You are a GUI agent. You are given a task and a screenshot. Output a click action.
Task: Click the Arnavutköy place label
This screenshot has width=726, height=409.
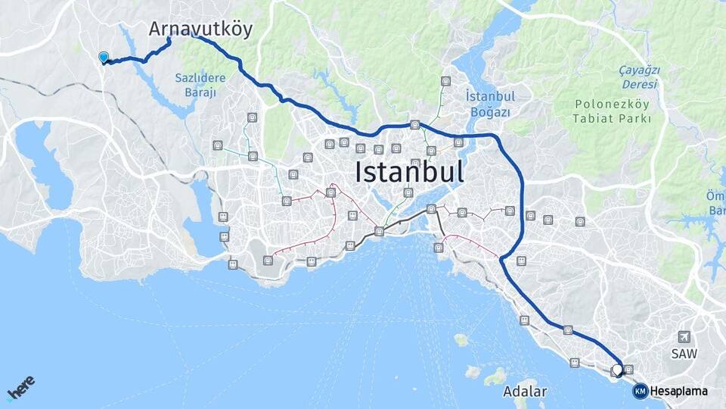tap(200, 29)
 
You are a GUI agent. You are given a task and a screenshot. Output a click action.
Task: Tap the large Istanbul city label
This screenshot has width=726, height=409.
tap(409, 172)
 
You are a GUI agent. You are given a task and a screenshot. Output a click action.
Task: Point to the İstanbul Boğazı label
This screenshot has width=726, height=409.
tap(489, 104)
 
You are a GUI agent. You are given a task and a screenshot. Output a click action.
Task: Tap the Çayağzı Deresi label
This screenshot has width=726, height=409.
tap(639, 76)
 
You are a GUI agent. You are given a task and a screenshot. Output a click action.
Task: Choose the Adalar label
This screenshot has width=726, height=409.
tap(524, 392)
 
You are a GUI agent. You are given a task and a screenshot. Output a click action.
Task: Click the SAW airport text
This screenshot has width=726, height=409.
tap(684, 354)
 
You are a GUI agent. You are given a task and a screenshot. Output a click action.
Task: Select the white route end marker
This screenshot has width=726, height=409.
tap(617, 370)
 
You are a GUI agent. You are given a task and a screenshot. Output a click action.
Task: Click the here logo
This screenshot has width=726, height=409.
tap(20, 390)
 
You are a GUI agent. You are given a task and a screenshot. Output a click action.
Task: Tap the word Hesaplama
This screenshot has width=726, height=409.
tap(678, 391)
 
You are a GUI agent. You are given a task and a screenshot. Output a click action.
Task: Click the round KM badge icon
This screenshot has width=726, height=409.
tap(640, 391)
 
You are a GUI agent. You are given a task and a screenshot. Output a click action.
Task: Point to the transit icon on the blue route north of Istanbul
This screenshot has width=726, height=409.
tap(414, 125)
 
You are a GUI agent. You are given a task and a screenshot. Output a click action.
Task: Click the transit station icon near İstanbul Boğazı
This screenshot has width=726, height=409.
tap(445, 81)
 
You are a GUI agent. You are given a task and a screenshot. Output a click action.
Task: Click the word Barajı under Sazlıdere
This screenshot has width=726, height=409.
tap(200, 92)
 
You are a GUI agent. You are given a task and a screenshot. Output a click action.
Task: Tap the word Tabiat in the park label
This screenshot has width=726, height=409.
tap(590, 119)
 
